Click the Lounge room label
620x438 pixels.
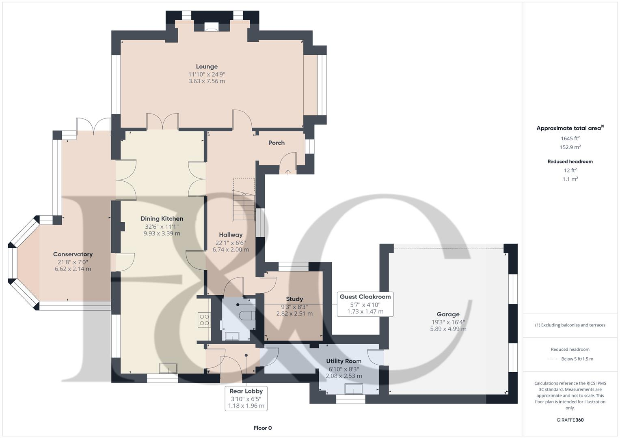[207, 67]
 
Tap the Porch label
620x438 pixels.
[276, 143]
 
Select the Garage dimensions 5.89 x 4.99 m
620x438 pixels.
[448, 329]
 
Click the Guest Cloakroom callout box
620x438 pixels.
[365, 304]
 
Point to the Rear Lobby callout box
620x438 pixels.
[246, 398]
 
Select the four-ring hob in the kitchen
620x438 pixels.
[204, 320]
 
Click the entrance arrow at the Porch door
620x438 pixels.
[288, 172]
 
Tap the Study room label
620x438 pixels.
[294, 299]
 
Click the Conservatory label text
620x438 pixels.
[73, 254]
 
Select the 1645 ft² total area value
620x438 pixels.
[570, 138]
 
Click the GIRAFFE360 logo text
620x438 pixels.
[570, 420]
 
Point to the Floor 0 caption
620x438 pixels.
[262, 428]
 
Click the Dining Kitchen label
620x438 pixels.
[162, 219]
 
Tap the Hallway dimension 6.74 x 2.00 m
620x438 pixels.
[231, 249]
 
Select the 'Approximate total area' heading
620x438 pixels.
[568, 128]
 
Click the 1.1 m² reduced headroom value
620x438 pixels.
[570, 179]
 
